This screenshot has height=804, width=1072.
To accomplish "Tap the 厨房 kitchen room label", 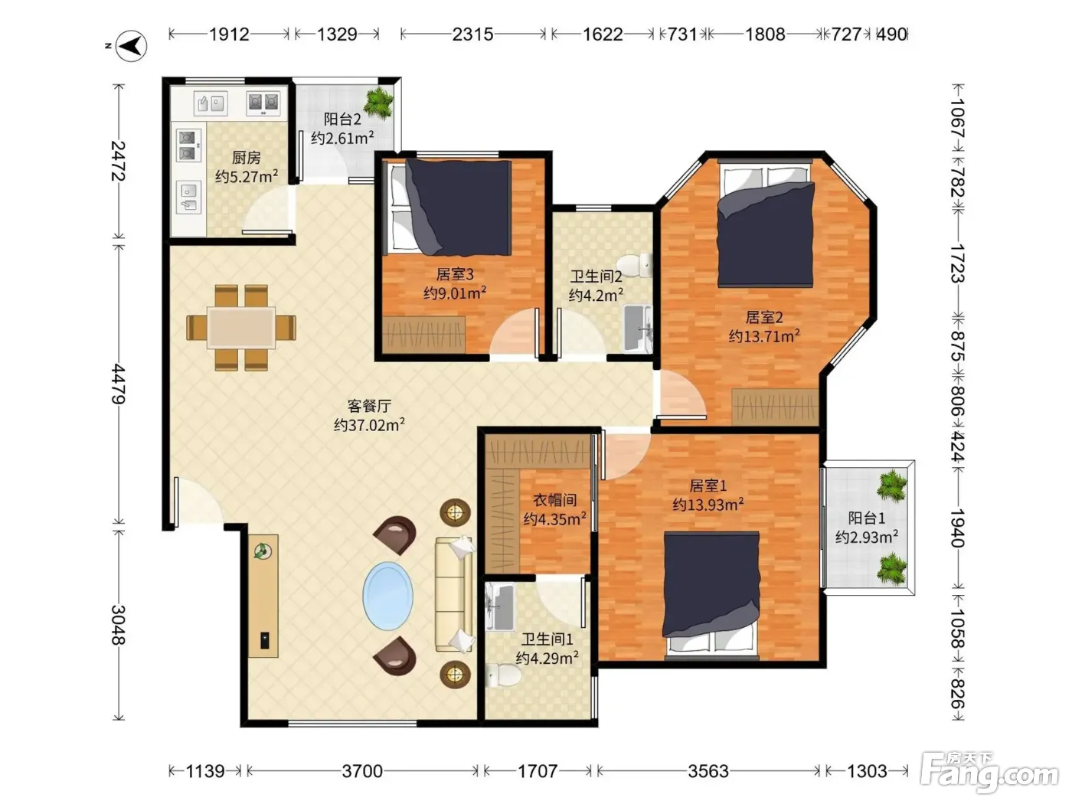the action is click(x=246, y=158).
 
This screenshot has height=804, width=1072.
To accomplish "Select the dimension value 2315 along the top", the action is click(x=472, y=34).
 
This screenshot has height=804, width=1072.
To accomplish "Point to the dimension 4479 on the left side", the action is click(x=119, y=384).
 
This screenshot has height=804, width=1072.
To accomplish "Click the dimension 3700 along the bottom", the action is click(x=362, y=771).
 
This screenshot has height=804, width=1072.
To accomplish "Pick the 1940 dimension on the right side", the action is click(x=957, y=528).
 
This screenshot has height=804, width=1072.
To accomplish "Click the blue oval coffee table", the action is click(x=387, y=596).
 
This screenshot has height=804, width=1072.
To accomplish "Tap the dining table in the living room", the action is click(x=240, y=327).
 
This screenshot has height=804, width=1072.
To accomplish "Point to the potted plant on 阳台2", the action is click(x=378, y=102).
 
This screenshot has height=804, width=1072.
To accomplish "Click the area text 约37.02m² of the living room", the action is click(x=369, y=425).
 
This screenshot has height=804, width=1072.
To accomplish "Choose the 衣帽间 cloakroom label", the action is click(x=555, y=500).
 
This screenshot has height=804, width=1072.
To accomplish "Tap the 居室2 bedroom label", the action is click(x=764, y=317).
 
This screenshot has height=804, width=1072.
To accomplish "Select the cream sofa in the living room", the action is click(x=454, y=595).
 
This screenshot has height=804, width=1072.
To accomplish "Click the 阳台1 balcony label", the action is click(x=866, y=518).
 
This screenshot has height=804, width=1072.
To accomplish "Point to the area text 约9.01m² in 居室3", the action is click(x=455, y=293).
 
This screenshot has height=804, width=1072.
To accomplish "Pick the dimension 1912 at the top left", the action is click(x=229, y=34).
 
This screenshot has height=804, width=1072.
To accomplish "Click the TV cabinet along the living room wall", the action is click(x=263, y=596).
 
